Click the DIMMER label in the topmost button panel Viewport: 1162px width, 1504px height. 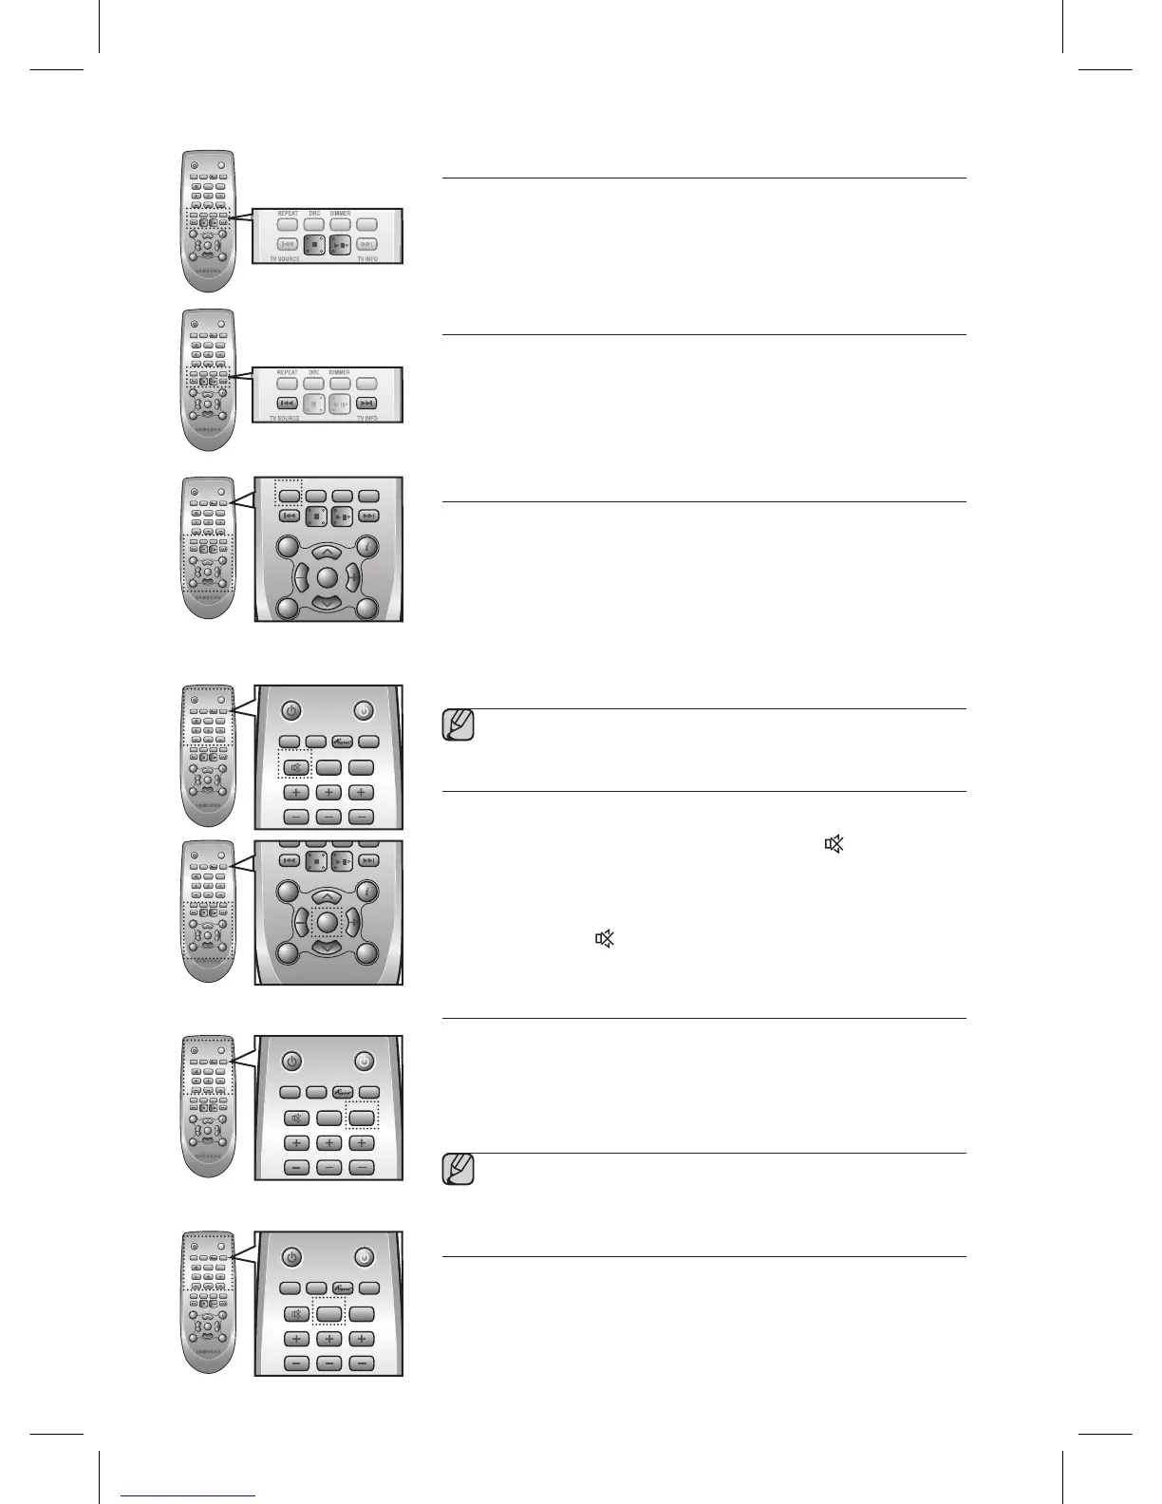pos(340,214)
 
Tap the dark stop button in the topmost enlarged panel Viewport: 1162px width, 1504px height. pos(315,245)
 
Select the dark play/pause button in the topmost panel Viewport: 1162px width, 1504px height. pos(341,245)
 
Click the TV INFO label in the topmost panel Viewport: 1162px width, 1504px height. pos(373,258)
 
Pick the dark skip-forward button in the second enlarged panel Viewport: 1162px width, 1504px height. pos(367,404)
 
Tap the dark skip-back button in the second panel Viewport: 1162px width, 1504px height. pos(288,404)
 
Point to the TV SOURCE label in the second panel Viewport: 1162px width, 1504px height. pos(285,418)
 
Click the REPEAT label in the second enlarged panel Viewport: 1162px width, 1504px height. pos(287,373)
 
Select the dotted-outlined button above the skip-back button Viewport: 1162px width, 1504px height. pos(289,495)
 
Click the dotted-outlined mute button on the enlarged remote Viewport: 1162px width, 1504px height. pos(296,767)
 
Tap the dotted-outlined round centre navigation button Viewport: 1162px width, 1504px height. pos(328,921)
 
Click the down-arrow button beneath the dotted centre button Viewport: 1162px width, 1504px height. pos(327,948)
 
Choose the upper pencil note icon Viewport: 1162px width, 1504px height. pos(459,725)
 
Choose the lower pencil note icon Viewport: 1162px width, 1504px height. pos(459,1170)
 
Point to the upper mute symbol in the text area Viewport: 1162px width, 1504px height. pos(834,843)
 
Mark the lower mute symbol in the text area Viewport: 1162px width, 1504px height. pos(605,939)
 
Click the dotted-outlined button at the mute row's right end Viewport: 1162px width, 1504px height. pos(361,1118)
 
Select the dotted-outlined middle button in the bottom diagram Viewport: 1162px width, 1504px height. pos(328,1314)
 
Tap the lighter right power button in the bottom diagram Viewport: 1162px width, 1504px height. pos(365,1257)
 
